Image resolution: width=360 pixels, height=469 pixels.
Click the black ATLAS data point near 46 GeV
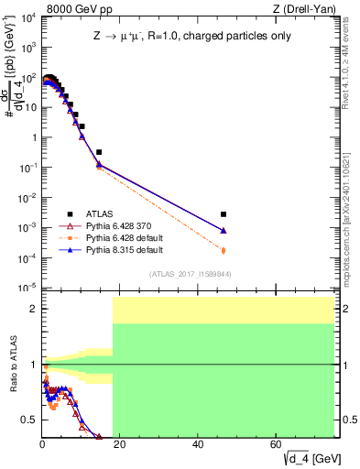point(224,214)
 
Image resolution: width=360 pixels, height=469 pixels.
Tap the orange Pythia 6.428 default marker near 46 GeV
point(224,249)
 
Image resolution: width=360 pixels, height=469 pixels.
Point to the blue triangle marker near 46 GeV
point(224,230)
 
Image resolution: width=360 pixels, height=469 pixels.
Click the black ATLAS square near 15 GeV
point(99,152)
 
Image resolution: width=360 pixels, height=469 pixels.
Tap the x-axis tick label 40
point(199,443)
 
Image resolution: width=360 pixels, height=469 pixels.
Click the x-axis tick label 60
point(277,443)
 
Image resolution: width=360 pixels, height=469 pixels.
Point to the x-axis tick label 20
point(120,443)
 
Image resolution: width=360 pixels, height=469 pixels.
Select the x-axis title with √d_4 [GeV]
point(308,457)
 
